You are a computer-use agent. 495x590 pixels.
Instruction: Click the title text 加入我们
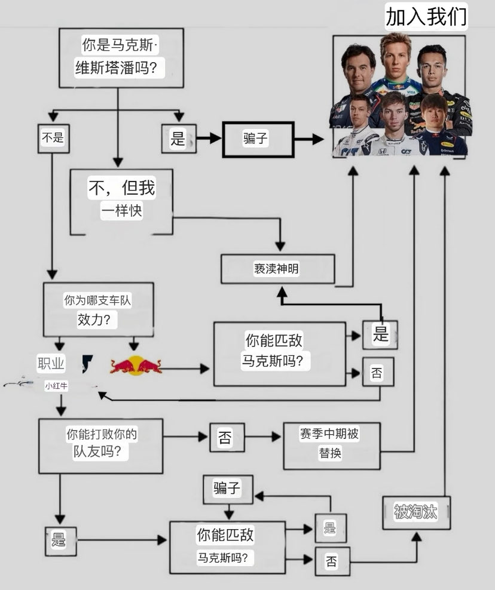coord(426,17)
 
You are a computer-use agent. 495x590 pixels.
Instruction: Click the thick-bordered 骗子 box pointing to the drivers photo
coord(258,139)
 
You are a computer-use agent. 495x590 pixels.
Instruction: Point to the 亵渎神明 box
coord(277,269)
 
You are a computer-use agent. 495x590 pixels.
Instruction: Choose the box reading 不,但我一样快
coord(121,200)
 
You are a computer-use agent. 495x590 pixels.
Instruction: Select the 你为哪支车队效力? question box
coord(98,309)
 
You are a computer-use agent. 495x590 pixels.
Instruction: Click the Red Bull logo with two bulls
coord(136,365)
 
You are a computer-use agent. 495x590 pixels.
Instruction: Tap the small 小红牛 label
coord(56,386)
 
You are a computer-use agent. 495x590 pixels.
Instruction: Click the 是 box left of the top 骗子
coord(178,139)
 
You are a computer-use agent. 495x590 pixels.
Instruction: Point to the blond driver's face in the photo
coord(396,57)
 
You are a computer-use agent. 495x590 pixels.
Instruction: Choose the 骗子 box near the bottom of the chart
coord(228,488)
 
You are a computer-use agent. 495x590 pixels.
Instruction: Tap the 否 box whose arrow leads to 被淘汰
coord(332,561)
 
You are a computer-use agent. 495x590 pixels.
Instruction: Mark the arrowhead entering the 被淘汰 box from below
coord(416,536)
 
